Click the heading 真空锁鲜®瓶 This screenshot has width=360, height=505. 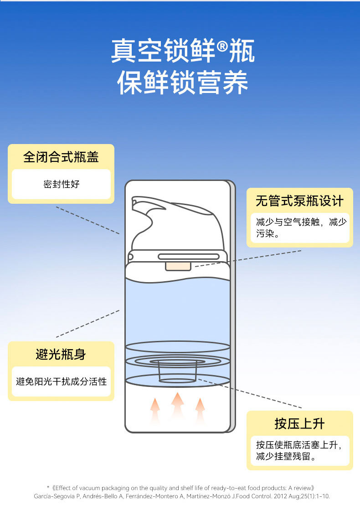(182, 51)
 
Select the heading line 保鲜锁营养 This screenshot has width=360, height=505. (182, 83)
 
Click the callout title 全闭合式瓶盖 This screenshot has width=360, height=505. (61, 157)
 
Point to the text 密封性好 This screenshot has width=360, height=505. (61, 184)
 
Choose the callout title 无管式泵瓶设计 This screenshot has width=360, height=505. (299, 201)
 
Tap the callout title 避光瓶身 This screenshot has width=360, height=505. (61, 354)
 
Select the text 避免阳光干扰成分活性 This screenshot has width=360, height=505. (61, 381)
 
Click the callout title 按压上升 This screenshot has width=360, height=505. (299, 424)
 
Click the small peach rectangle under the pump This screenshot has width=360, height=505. (178, 266)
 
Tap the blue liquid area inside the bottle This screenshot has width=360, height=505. (177, 310)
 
